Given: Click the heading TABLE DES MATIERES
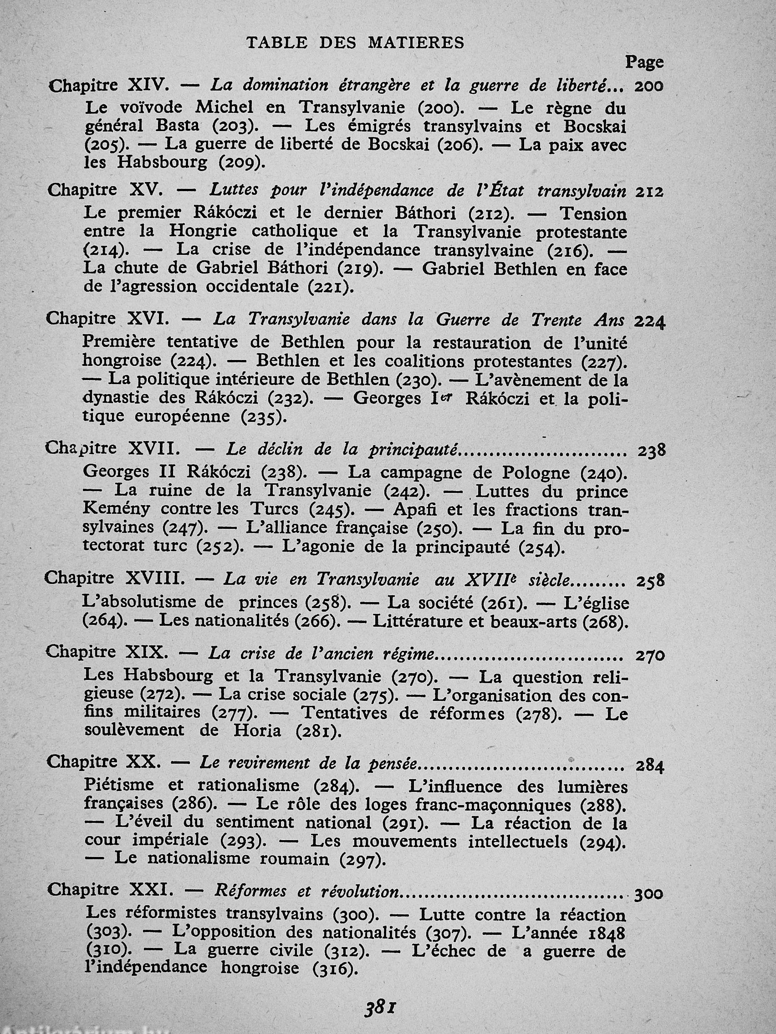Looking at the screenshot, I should click(355, 42).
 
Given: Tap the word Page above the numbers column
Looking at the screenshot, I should click(644, 62).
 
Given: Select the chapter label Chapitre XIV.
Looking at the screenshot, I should click(108, 86).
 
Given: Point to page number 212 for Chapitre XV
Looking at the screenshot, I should click(649, 192).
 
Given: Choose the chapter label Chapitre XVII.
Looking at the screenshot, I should click(112, 449).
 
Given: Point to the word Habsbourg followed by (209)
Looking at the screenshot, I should click(162, 162).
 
